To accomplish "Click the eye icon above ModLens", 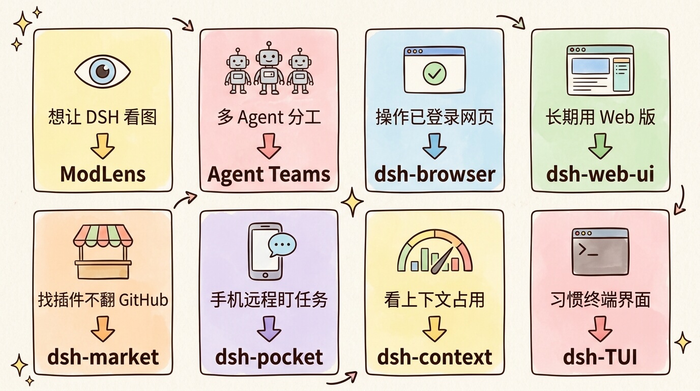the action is pos(102,71).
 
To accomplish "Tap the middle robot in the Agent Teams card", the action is pos(269,68).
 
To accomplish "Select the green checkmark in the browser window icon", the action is pos(434,73).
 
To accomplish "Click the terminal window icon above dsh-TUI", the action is pos(600,252).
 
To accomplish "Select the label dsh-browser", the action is pos(434,174).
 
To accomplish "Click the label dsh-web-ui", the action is pos(600,174).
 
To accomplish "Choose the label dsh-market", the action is pos(103,357).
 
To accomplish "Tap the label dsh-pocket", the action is pos(269,357).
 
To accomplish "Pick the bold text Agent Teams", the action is pos(269,175).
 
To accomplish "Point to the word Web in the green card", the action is pos(617,117).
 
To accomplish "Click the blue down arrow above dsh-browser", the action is pos(434,146).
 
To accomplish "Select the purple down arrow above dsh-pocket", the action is pos(269,329).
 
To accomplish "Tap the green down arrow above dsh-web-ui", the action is pos(600,146).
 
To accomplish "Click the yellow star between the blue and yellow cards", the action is pos(353,202).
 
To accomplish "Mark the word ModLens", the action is pos(103,174).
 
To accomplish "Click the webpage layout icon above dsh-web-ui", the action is pos(600,70).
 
